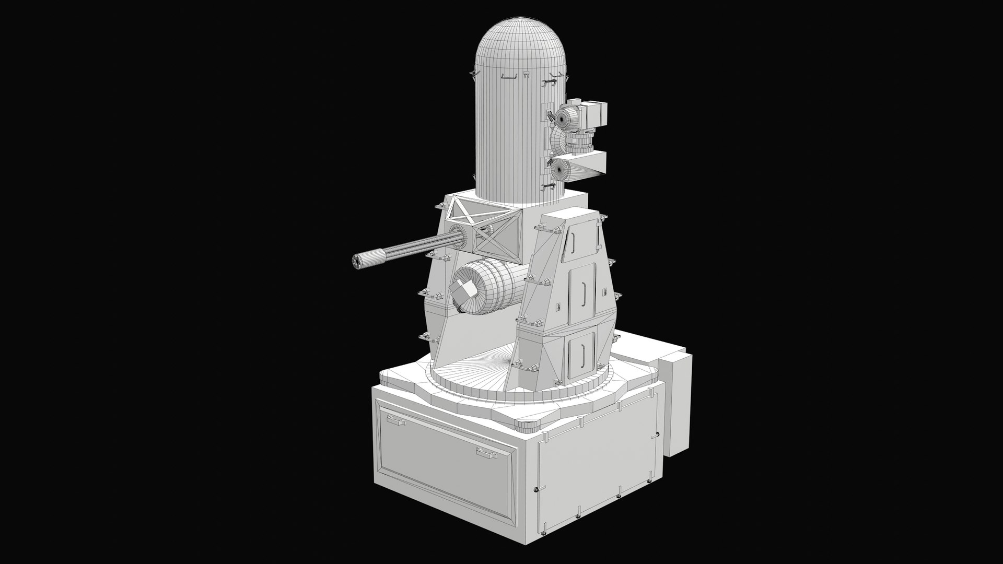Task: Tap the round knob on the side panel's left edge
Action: click(x=535, y=489)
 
